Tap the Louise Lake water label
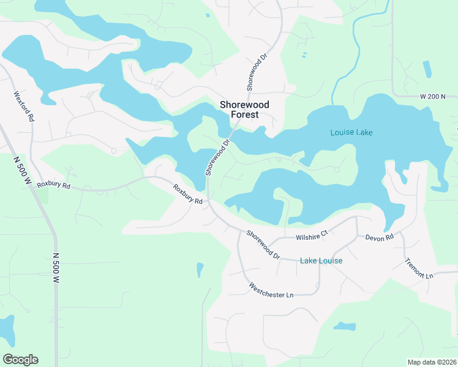(351, 132)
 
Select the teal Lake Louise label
(321, 261)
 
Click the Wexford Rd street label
(23, 106)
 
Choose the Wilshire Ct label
(312, 232)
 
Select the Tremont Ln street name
(419, 268)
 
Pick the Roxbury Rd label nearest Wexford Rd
(54, 185)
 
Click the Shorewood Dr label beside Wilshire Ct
(263, 244)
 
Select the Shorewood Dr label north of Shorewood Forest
(257, 72)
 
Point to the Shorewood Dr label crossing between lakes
(217, 157)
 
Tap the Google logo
(20, 360)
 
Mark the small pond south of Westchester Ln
(345, 326)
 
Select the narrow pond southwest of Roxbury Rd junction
(200, 269)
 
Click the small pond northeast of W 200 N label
(427, 69)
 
